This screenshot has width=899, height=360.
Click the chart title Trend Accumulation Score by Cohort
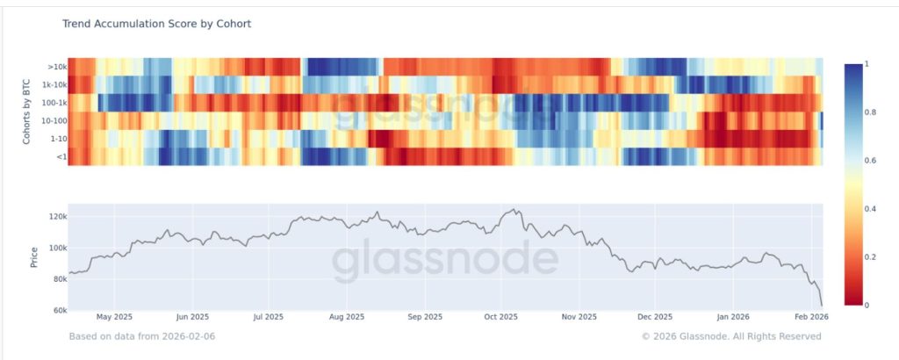(156, 24)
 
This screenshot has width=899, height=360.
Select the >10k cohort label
(55, 65)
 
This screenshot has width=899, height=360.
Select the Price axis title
(34, 256)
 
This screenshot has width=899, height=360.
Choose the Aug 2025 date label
(347, 317)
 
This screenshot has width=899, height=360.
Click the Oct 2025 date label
(501, 317)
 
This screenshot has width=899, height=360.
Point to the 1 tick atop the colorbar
(868, 64)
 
